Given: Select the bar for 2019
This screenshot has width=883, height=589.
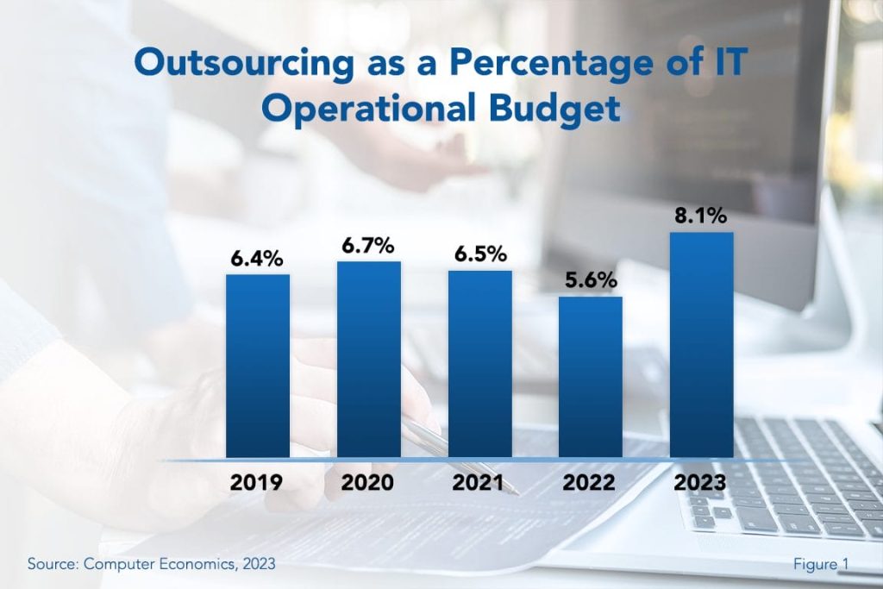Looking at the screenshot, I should (x=258, y=366).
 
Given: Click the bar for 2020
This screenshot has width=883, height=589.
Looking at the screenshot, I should (x=368, y=359).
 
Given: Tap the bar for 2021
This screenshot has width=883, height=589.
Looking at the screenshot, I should (x=479, y=363).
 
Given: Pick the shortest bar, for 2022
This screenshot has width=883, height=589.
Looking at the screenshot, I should (x=591, y=376).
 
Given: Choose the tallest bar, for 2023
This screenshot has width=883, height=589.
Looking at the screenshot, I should (x=701, y=344).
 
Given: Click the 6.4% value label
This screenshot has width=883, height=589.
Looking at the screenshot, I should (x=257, y=258).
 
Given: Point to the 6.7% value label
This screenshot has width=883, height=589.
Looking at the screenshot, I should (x=368, y=245).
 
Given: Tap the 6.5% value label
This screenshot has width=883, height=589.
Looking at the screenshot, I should (x=479, y=254).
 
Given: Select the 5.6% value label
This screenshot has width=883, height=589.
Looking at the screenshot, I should (x=591, y=280).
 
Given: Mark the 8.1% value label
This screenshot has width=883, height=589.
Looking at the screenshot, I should (x=701, y=216).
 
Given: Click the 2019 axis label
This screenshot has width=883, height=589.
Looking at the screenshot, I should (x=258, y=482).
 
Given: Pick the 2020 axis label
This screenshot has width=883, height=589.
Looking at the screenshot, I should (x=368, y=482).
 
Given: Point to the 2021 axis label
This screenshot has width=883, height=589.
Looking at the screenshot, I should (x=479, y=482).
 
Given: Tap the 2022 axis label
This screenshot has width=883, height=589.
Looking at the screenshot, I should (x=591, y=482).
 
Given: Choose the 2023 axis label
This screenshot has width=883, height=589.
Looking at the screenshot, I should (x=701, y=482).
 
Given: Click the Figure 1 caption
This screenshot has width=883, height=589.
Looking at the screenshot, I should (x=821, y=564).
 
